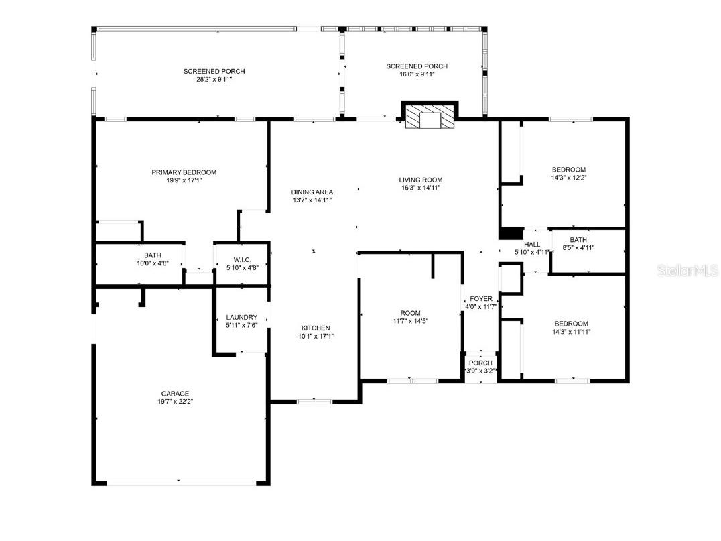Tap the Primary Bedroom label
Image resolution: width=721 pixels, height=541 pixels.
pos(184,172)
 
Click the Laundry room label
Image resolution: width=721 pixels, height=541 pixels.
pos(241,317)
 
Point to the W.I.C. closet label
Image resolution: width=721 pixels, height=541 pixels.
pos(242,259)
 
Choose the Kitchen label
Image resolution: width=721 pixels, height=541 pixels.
pos(315,328)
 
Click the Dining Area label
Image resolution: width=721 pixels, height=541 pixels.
pos(312,192)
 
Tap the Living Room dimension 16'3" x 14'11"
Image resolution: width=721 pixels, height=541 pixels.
pos(420,188)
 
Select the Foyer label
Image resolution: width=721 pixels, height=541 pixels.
pos(480,298)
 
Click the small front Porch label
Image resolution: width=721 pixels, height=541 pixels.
pos(480,363)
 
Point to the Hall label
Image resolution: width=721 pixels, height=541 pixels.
pos(532,244)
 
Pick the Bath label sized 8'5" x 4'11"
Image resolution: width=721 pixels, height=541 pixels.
pos(578,239)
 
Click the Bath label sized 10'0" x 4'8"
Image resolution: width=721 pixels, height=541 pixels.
pos(152,255)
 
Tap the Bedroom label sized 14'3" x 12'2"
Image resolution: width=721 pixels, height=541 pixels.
pos(568,170)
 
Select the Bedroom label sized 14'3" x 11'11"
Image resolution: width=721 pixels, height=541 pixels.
pos(570,324)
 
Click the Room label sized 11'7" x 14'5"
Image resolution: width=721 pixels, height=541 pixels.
pos(410,313)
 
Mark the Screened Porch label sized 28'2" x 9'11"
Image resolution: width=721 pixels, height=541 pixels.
pos(214,71)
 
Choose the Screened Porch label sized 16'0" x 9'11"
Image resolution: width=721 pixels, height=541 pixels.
pos(416,66)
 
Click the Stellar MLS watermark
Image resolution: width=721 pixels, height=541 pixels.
pos(688,270)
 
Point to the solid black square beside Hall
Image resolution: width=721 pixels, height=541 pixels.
pos(511,233)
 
